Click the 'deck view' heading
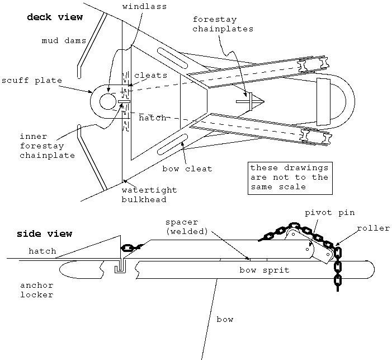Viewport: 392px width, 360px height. coord(55,17)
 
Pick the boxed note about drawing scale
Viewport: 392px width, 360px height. coord(289,177)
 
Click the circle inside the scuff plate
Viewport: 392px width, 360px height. coord(107,101)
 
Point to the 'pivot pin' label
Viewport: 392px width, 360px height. coord(329,213)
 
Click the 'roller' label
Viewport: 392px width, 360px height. coord(374,228)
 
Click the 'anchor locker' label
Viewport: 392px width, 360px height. coord(37,289)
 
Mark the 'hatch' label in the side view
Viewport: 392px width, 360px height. coord(42,251)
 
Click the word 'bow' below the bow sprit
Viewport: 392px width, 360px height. coord(225,320)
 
